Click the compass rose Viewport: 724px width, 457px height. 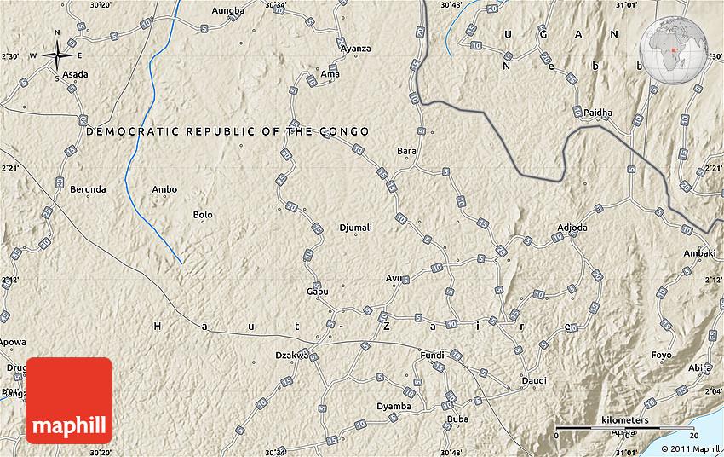coord(57,56)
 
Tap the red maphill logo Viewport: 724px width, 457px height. coord(69,401)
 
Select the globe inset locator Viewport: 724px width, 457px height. coord(681,42)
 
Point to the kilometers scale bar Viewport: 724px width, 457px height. coord(612,425)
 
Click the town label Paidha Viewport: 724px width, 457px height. coord(598,112)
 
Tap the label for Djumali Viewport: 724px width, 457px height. coord(355,228)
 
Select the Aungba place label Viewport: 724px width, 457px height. coord(227,11)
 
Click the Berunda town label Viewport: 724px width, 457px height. coord(88,189)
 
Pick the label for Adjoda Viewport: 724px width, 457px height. coord(572,228)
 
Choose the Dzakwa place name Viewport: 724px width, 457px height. coord(291,355)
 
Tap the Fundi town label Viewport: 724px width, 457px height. coord(433,355)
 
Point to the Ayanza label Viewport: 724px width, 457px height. coord(355,49)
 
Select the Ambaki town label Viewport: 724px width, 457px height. coord(699,253)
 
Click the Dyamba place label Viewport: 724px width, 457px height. coord(394,406)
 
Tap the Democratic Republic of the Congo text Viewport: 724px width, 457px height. coord(227,131)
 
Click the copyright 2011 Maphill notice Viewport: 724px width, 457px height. coord(689,448)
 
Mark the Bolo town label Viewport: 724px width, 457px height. coord(203,215)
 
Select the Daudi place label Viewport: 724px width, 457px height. coord(533,380)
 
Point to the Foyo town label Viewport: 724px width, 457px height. coord(661,355)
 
